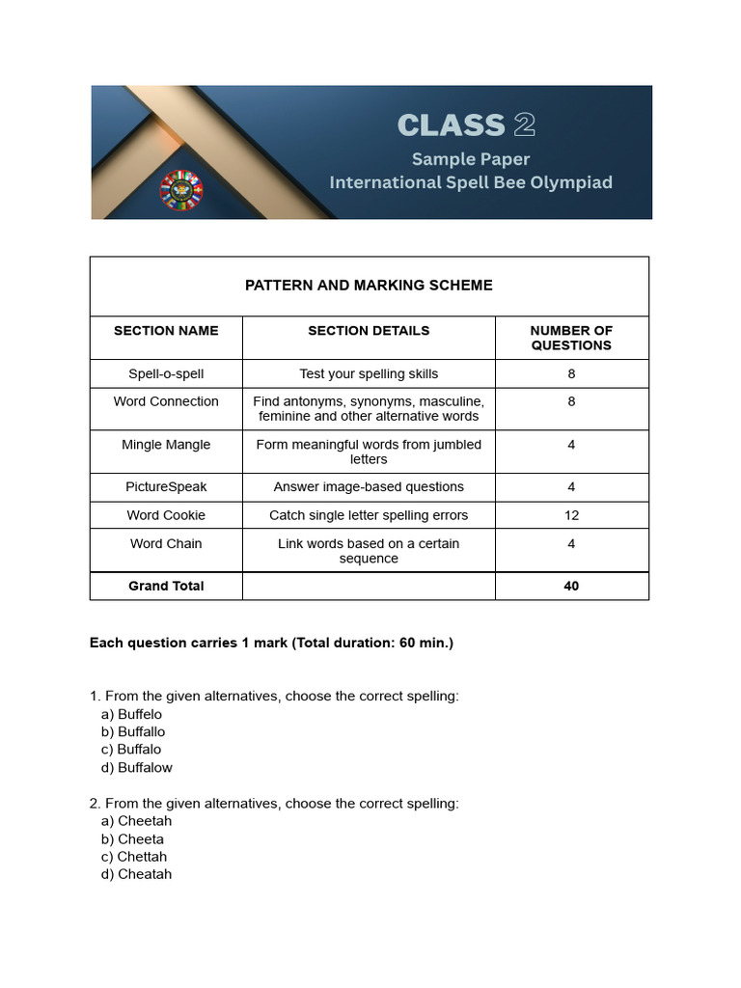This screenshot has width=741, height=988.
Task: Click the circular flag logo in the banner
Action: point(180,190)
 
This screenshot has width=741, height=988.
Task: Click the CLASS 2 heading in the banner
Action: point(466,125)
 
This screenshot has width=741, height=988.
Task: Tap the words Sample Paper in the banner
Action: point(471,158)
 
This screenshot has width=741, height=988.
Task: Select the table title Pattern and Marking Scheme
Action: point(369,285)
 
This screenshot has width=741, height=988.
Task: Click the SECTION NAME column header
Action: point(166,330)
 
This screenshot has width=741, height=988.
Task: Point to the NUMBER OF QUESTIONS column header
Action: point(571,338)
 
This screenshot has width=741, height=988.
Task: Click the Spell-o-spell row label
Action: point(166,373)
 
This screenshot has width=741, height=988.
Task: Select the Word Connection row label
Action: point(166,401)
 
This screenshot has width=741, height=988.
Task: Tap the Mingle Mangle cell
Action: point(166,445)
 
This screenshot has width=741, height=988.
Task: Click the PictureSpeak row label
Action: point(166,487)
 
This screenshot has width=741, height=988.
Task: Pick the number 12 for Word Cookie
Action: point(571,515)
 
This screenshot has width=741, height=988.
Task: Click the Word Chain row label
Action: point(166,543)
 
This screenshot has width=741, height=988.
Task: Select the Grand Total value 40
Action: point(571,586)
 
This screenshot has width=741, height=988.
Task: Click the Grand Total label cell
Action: point(166,586)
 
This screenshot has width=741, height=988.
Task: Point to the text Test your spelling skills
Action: point(369,373)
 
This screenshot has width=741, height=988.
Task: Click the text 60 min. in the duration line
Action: point(424,643)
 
